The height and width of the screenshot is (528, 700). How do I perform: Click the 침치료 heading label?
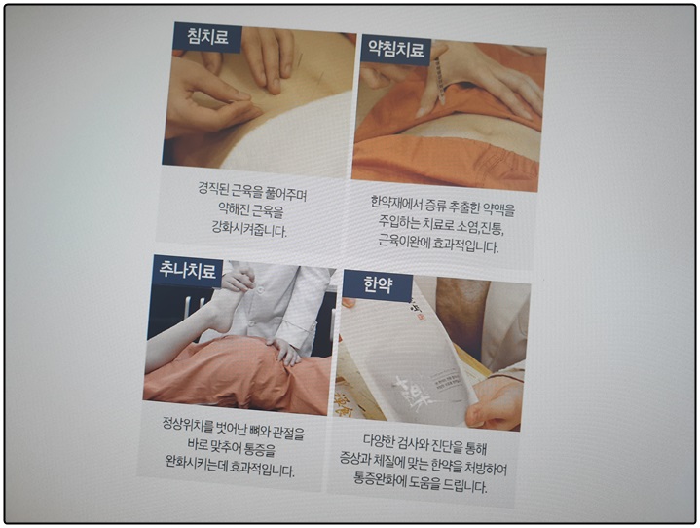coord(208,37)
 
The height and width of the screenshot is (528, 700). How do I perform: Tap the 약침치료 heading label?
coord(396,50)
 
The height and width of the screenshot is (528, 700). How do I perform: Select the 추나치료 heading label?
coord(188,271)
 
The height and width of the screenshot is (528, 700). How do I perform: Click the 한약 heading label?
coord(378,285)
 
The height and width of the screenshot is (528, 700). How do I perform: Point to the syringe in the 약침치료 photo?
coord(440,77)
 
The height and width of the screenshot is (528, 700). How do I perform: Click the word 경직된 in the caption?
coord(213,188)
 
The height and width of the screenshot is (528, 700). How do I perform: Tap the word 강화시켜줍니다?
coord(249,230)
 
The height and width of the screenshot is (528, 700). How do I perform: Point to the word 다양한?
coord(379,441)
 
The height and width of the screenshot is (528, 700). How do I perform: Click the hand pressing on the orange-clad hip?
coord(282,352)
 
